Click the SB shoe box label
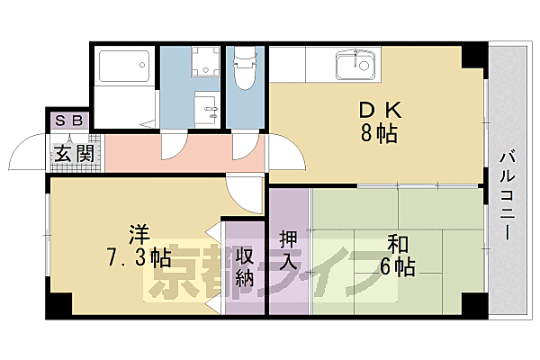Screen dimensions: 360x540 67,121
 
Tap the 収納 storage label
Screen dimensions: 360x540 245,267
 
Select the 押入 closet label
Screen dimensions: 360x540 288,250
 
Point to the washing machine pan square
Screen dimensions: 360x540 205,63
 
